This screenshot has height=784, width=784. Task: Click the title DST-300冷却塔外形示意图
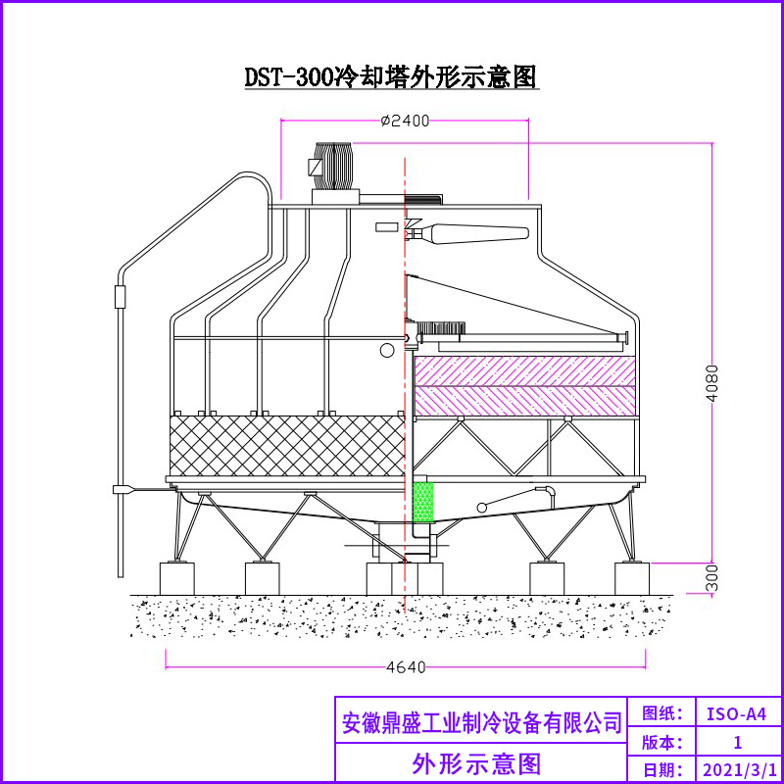[x=391, y=76]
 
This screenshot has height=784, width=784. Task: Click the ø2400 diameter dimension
[x=405, y=121]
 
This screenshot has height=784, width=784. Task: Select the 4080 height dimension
[x=712, y=385]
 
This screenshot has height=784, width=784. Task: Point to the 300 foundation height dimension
[x=712, y=577]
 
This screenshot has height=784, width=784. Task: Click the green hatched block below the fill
[x=423, y=500]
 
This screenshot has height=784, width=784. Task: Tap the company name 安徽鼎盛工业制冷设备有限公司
[x=482, y=722]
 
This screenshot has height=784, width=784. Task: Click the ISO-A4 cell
[x=737, y=712]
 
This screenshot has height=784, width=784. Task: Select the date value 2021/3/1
[x=737, y=769]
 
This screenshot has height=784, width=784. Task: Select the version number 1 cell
[x=737, y=741]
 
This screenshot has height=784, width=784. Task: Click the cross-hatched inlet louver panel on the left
[x=286, y=444]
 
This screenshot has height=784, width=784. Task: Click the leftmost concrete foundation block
[x=177, y=577]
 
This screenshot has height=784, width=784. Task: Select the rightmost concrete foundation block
[x=631, y=577]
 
